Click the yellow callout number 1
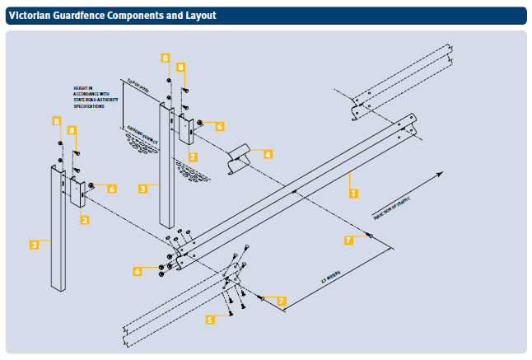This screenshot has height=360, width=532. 353,194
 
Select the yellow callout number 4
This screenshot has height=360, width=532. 268,153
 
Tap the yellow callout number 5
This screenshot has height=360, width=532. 210,319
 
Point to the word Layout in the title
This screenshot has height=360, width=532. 197,15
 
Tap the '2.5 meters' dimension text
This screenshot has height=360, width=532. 332,279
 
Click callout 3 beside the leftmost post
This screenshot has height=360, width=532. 35,245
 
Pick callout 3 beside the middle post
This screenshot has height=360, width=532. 142,189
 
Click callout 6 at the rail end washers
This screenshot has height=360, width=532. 138,270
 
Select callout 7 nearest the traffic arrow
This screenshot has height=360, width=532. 348,240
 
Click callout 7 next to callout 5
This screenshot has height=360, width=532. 281,302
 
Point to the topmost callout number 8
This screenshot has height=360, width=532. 166,58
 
